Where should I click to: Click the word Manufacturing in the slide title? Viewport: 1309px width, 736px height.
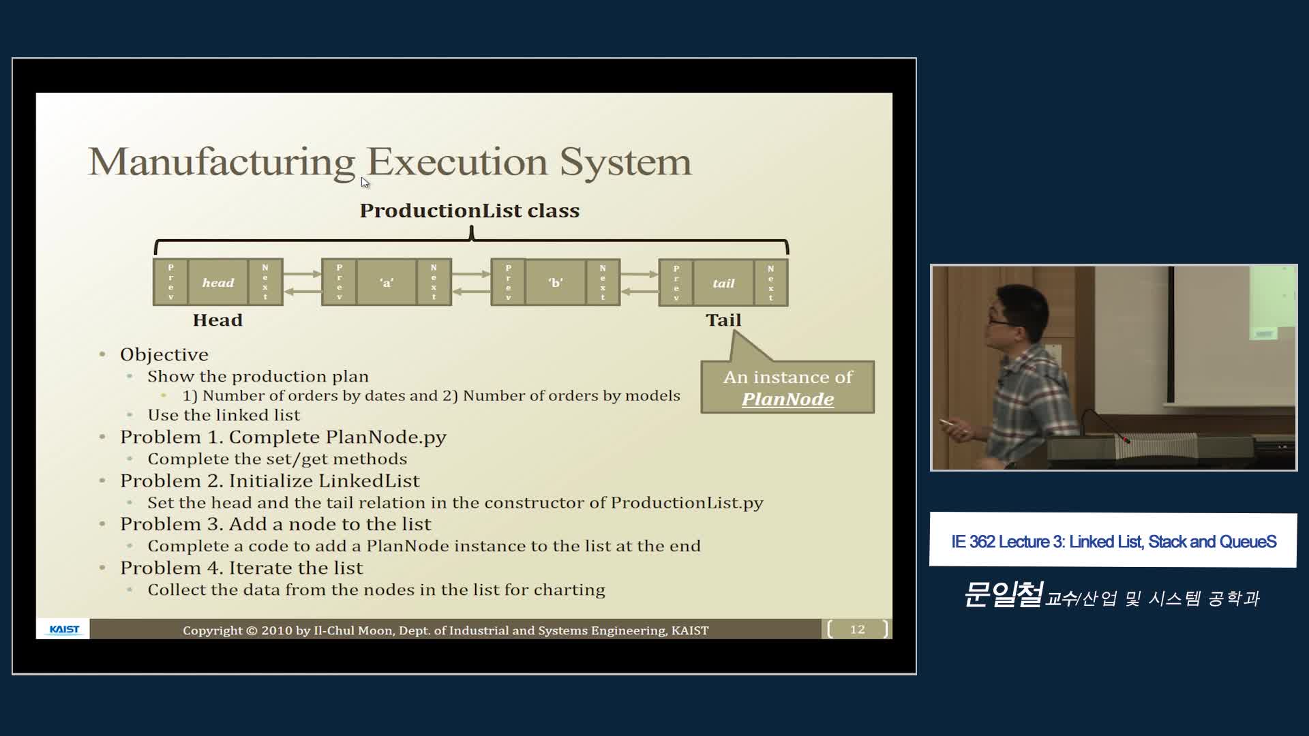coord(222,163)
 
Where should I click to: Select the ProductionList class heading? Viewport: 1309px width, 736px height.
coord(470,211)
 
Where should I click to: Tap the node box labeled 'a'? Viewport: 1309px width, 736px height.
coord(387,282)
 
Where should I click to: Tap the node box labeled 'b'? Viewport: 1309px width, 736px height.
coord(556,282)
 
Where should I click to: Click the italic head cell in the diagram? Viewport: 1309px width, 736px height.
coord(218,282)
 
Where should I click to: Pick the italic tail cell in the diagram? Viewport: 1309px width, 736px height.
coord(723,283)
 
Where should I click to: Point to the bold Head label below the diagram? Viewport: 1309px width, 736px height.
coord(217,320)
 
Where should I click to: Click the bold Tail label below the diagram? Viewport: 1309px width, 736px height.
coord(723,320)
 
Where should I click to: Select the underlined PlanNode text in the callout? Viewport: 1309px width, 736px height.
coord(787,399)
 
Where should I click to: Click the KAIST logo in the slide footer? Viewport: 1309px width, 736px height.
coord(64,629)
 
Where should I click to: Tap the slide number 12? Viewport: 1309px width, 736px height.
coord(858,629)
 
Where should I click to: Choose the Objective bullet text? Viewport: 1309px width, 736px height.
coord(164,354)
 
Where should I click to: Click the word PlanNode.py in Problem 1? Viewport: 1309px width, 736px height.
coord(386,437)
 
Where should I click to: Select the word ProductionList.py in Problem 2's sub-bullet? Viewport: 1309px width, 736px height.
coord(687,503)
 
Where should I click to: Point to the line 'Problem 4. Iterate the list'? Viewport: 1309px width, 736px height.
coord(241,568)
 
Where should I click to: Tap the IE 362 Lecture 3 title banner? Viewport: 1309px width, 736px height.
coord(1113,540)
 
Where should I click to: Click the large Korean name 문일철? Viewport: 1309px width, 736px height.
coord(1003,594)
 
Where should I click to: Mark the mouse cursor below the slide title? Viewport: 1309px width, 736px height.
coord(365,182)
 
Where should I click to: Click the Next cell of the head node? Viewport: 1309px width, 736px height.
coord(265,282)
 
